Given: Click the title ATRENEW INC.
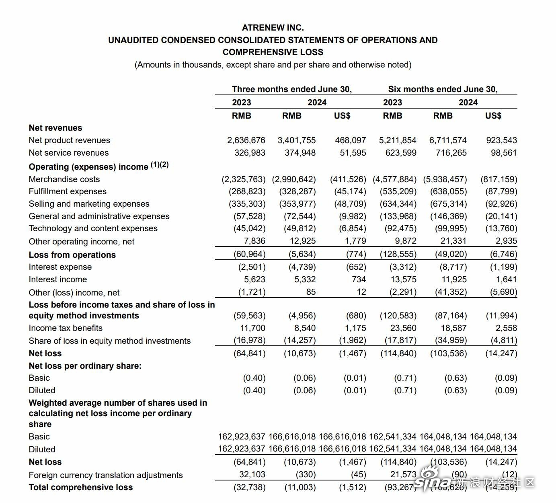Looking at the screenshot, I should tap(273, 28).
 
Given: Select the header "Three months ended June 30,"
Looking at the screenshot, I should tap(291, 89).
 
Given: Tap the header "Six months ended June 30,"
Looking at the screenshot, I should tap(443, 89).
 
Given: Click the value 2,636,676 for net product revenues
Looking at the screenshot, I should tap(246, 140).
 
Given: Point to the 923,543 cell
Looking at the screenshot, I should tap(501, 140).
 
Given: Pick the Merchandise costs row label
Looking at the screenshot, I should tap(64, 179).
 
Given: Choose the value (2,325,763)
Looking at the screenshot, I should tap(244, 179).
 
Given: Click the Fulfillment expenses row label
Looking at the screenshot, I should tap(68, 191).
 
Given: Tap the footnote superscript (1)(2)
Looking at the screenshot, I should tap(160, 164).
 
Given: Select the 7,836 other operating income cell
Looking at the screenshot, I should tap(254, 241).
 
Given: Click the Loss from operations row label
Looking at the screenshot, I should tap(72, 255).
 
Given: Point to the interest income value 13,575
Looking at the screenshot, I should tap(403, 279).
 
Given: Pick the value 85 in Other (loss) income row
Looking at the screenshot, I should tap(311, 292).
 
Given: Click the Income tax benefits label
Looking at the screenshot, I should tap(66, 328).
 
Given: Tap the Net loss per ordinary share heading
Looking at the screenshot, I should tap(85, 366).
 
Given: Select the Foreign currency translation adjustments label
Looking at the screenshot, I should tap(105, 475).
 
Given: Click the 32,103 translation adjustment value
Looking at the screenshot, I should tap(252, 474).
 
